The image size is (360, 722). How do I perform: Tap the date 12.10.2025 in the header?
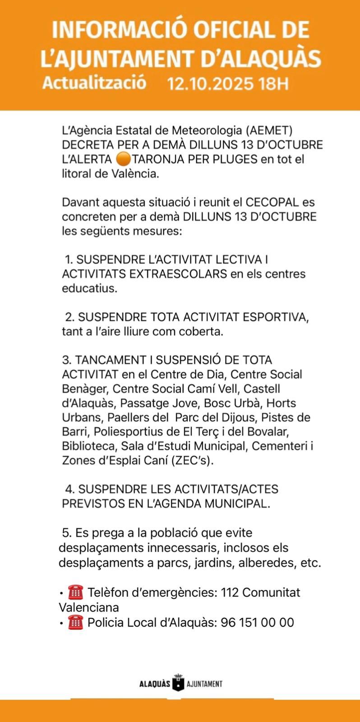click(x=210, y=84)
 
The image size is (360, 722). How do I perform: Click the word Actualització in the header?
click(x=94, y=83)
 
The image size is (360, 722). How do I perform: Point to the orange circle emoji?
click(x=123, y=159)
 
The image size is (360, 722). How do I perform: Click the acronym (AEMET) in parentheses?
click(x=269, y=131)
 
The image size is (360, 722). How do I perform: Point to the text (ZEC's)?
click(x=192, y=461)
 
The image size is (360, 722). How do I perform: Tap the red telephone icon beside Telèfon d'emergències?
click(x=76, y=592)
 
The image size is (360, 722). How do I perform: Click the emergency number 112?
click(x=230, y=592)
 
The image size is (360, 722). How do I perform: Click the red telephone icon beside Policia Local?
click(x=76, y=623)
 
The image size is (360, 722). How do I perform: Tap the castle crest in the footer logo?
click(x=179, y=683)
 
